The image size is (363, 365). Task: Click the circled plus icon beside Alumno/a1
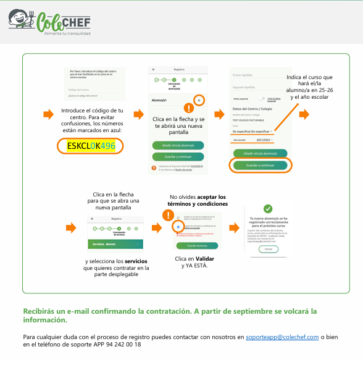coord(199,99)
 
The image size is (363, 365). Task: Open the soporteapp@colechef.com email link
coord(282,337)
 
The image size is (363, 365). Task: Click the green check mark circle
coord(267,209)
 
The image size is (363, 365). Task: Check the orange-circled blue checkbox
coord(177,227)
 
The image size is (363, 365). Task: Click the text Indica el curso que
coord(309,77)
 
